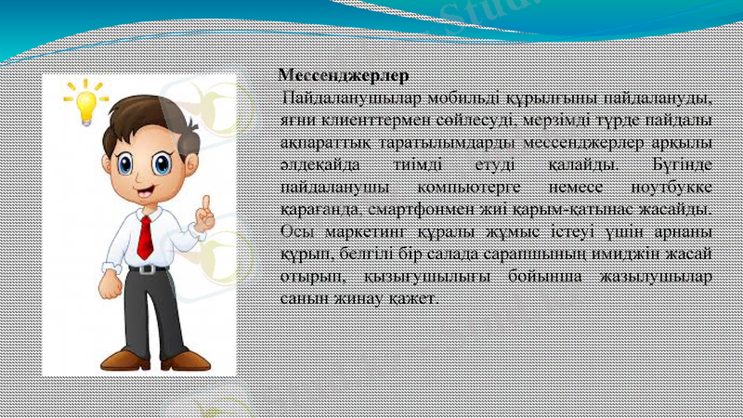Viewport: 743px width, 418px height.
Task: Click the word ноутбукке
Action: [665, 187]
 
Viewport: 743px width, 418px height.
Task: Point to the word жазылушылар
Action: [659, 277]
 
